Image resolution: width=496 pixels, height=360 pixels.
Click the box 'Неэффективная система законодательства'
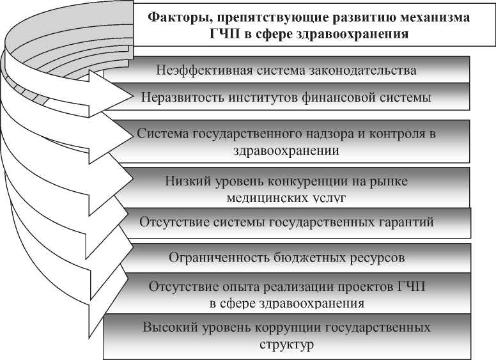286,70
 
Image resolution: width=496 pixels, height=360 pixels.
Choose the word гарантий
407,222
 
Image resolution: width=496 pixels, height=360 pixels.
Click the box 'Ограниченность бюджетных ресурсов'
286,258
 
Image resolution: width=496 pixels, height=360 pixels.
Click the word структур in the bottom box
287,345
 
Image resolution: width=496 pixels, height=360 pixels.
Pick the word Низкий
185,181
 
